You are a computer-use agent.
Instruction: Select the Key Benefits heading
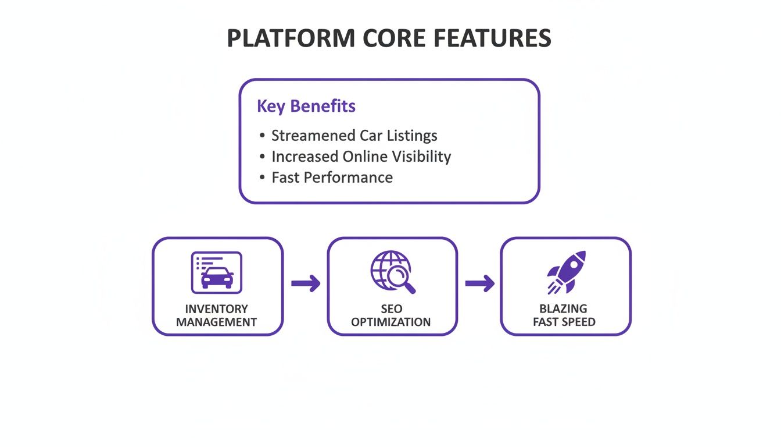[306, 107]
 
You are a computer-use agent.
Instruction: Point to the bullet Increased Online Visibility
[361, 157]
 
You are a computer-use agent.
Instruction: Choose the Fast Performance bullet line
[332, 178]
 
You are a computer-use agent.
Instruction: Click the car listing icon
[217, 272]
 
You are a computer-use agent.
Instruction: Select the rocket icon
[566, 272]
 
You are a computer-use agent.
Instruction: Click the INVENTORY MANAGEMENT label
[217, 315]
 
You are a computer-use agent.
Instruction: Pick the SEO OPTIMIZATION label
[391, 315]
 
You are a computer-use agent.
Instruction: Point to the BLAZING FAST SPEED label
[564, 315]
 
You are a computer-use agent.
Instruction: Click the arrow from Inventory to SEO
[306, 284]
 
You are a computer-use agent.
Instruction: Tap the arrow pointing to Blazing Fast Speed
[479, 284]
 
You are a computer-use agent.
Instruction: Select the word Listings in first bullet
[411, 136]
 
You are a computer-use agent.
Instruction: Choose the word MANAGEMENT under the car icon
[217, 322]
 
